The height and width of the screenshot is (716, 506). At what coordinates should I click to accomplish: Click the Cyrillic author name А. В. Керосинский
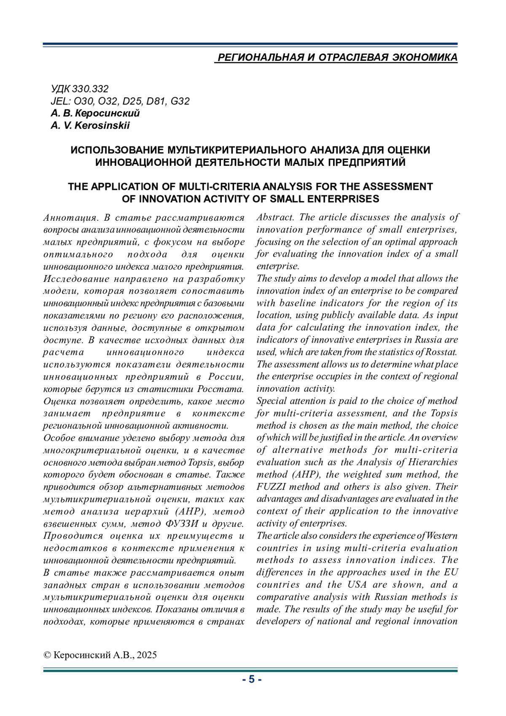[95, 113]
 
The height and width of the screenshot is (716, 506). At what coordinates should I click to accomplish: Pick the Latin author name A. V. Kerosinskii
[90, 126]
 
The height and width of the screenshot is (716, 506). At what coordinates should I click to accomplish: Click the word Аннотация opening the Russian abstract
[70, 218]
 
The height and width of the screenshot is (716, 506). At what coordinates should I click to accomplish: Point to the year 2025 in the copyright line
[147, 655]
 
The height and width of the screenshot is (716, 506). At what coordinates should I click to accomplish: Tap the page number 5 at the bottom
[252, 679]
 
